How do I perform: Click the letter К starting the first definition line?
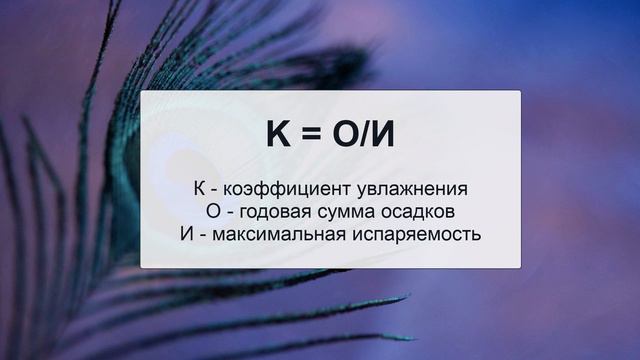pyautogui.click(x=200, y=189)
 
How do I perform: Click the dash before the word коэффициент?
pyautogui.click(x=215, y=190)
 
